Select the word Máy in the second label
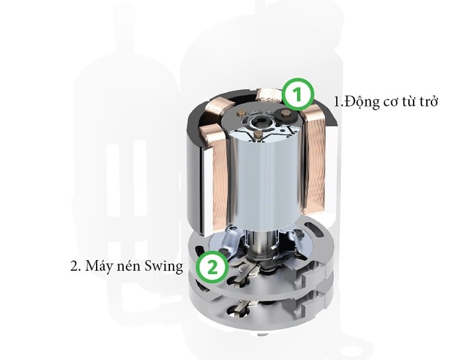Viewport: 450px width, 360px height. click(96, 267)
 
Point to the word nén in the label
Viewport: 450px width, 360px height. click(128, 267)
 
